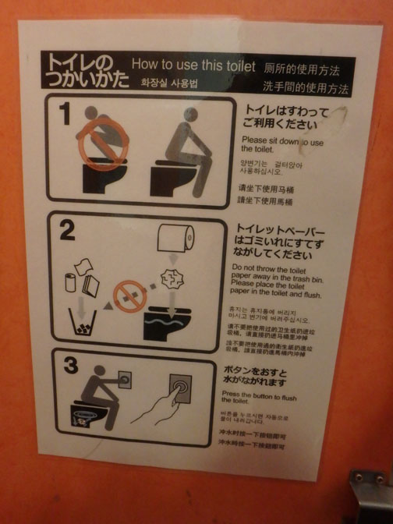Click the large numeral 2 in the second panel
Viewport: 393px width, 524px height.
tap(67, 232)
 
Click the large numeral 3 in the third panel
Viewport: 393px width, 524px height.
tap(69, 365)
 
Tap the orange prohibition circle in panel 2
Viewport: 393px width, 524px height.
tap(126, 296)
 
